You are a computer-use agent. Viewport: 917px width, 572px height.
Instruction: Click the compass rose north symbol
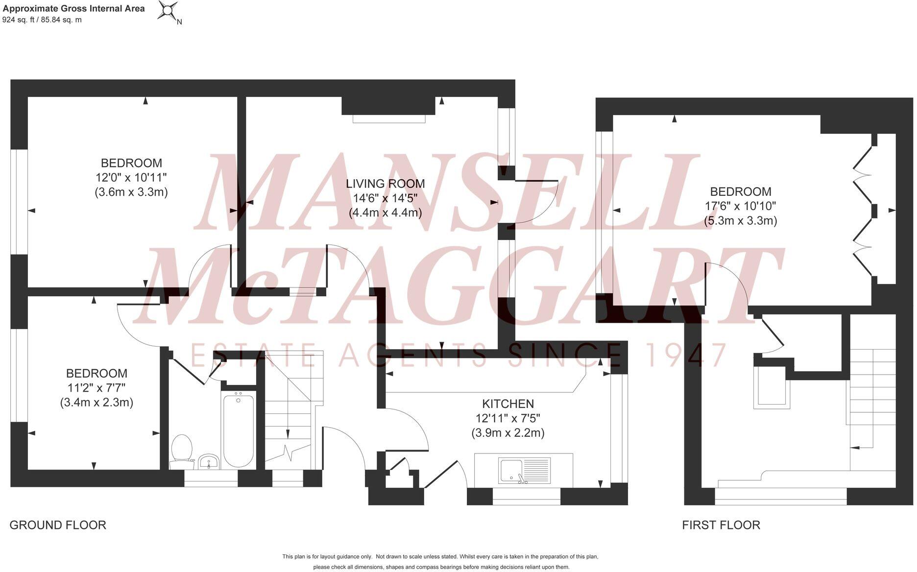[168, 11]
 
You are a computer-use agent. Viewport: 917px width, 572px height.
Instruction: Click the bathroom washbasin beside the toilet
[209, 461]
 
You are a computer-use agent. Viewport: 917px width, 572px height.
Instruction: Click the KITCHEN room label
[508, 404]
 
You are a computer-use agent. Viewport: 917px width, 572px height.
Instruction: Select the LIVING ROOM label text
[386, 184]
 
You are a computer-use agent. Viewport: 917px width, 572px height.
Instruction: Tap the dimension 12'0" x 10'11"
[131, 177]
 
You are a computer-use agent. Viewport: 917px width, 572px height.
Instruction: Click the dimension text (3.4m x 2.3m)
[97, 403]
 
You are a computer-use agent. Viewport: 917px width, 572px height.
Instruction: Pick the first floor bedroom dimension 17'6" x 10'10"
[740, 206]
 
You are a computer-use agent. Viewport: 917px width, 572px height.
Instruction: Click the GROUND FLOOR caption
[58, 525]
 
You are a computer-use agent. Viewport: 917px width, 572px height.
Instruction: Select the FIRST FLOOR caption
[721, 525]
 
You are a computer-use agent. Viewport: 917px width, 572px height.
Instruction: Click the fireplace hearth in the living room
[389, 119]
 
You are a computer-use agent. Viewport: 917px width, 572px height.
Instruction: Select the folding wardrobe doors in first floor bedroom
[865, 211]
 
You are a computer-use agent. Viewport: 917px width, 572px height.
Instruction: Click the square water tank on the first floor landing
[772, 387]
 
